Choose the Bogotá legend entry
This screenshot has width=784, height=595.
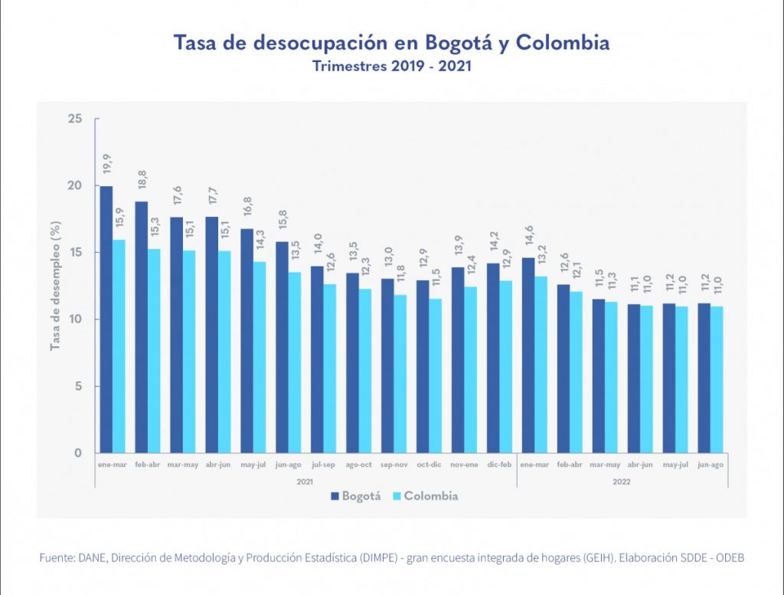pos(355,496)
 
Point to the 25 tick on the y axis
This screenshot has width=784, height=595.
pos(75,119)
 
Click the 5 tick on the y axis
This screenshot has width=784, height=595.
pos(78,386)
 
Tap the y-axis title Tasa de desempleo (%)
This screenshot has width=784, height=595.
pos(55,287)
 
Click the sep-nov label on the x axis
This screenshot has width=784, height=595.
pos(394,465)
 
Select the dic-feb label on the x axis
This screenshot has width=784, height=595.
pos(498,465)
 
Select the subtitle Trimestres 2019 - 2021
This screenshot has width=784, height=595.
pos(391,67)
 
